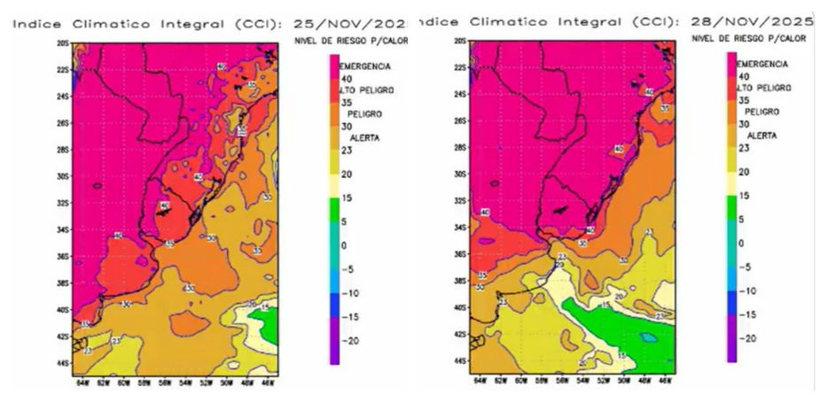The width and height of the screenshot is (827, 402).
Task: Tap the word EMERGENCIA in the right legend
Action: click(x=762, y=65)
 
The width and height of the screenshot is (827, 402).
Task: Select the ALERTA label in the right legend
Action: click(x=762, y=135)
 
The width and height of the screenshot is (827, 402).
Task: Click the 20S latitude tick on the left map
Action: click(x=63, y=43)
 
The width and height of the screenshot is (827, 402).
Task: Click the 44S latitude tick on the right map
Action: click(x=460, y=361)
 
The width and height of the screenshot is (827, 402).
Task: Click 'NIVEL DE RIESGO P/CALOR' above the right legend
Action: click(x=748, y=38)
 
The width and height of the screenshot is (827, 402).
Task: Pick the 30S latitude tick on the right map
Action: click(x=460, y=174)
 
